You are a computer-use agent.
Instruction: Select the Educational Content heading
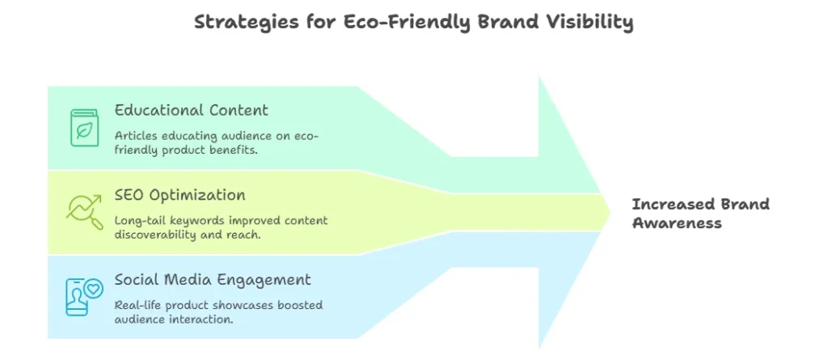(x=191, y=110)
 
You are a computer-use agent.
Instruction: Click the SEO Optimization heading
(x=180, y=195)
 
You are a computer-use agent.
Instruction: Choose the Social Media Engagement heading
(x=213, y=280)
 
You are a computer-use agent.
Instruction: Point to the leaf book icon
(x=84, y=128)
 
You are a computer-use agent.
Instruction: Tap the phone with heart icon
(x=83, y=295)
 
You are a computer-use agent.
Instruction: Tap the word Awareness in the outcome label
(x=677, y=223)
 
